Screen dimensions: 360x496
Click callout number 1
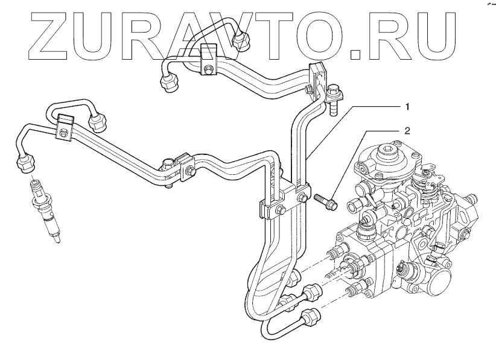click(408, 107)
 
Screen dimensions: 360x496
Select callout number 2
click(408, 130)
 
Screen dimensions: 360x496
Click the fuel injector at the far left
click(47, 211)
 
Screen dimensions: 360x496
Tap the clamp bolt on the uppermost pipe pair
click(208, 68)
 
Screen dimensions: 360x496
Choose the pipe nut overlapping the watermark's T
click(243, 39)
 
